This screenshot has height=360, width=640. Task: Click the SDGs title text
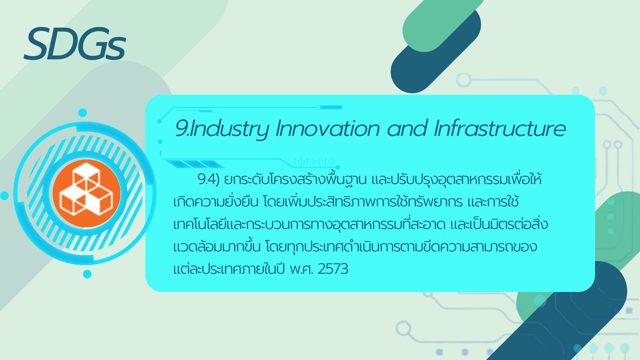click(x=75, y=44)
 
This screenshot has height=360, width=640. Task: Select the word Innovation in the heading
click(x=328, y=129)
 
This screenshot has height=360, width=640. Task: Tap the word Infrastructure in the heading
click(x=500, y=129)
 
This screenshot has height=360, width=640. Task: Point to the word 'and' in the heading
click(x=407, y=129)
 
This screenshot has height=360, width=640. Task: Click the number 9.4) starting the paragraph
click(x=208, y=180)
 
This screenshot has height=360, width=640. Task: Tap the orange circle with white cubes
click(x=86, y=193)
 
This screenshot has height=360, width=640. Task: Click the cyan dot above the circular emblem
click(x=82, y=112)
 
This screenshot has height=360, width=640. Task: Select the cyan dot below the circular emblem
click(x=87, y=274)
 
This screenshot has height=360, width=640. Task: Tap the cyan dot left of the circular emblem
click(x=4, y=196)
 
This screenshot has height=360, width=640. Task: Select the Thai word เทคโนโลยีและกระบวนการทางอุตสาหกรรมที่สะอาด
click(x=310, y=224)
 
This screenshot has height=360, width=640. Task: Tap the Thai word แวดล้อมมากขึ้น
click(x=217, y=246)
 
